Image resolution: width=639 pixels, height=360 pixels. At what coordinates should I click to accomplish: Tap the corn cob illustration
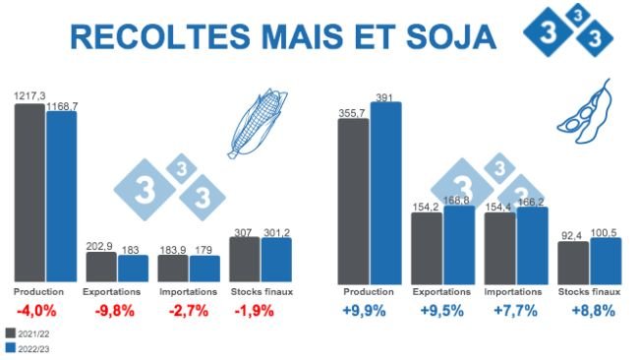(254, 123)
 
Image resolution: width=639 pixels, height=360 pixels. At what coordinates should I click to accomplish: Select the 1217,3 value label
(29, 95)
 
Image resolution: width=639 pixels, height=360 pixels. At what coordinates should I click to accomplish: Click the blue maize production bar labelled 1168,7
(61, 197)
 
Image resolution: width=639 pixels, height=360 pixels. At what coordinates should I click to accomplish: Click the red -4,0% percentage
(39, 311)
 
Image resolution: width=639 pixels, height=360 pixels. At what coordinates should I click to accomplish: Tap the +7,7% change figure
(515, 311)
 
